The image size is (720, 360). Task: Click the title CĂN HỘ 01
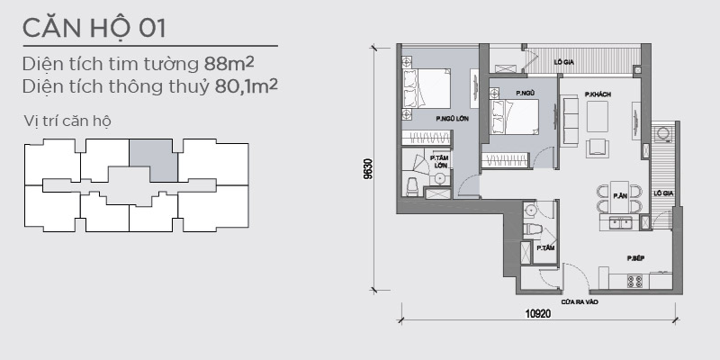[94, 28]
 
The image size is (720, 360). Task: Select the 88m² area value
[229, 64]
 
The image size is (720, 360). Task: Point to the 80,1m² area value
[246, 85]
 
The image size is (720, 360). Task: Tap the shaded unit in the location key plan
[153, 160]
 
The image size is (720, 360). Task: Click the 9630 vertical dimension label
[368, 169]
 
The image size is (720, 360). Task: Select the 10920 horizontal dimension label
[537, 314]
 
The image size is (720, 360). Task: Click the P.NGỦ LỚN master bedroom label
[452, 119]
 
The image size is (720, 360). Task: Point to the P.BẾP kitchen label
[636, 258]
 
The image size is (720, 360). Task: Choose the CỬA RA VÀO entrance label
[580, 302]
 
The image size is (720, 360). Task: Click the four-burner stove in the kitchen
[635, 281]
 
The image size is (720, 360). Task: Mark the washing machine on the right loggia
[662, 133]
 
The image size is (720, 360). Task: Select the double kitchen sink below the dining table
[620, 222]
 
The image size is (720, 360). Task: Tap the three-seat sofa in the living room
[571, 120]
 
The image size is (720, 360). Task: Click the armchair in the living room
[598, 148]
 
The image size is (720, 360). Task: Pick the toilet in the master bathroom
[413, 186]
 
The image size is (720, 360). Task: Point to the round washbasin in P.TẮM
[531, 210]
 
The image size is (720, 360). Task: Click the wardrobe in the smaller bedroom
[505, 161]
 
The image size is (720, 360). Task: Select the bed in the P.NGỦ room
[514, 117]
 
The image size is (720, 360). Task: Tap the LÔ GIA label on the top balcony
[564, 61]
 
